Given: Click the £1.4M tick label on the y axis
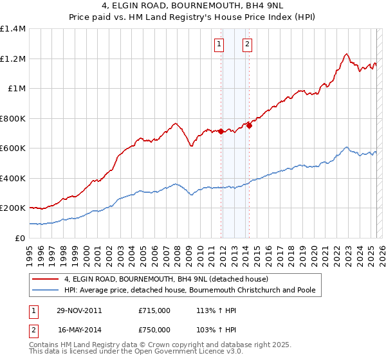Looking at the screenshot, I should click(x=13, y=29).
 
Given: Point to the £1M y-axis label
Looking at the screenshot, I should click(x=17, y=89).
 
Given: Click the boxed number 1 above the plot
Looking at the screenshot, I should click(x=220, y=44).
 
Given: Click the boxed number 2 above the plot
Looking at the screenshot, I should click(x=248, y=44).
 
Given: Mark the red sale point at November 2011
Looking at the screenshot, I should click(x=221, y=131).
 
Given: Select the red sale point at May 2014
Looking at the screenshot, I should click(x=249, y=126).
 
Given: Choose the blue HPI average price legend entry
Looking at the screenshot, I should click(x=190, y=290).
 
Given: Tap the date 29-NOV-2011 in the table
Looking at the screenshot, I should click(x=79, y=310).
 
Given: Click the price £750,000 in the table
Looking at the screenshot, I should click(x=154, y=329).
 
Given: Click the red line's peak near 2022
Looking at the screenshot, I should click(x=346, y=54).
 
